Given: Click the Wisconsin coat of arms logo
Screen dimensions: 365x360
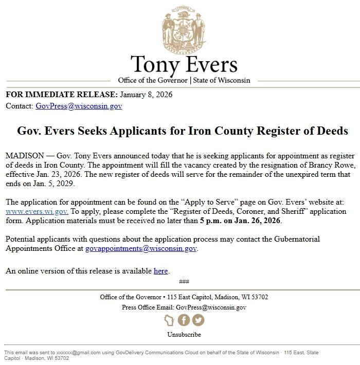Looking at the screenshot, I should pyautogui.click(x=184, y=29).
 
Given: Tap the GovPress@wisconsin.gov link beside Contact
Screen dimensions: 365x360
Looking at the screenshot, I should pyautogui.click(x=79, y=106).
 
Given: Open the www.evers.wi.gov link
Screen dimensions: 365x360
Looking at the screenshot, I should pyautogui.click(x=37, y=212).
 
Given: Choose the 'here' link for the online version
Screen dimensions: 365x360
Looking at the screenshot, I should pyautogui.click(x=161, y=271).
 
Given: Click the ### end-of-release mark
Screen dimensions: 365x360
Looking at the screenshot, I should pyautogui.click(x=184, y=281).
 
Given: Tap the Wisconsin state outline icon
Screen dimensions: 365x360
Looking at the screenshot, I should pyautogui.click(x=169, y=320).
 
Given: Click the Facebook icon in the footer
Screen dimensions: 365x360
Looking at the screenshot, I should pyautogui.click(x=184, y=320).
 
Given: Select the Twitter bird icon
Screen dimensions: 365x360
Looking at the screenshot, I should pyautogui.click(x=198, y=320).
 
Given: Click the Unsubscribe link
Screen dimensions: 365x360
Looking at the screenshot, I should pyautogui.click(x=184, y=335).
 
